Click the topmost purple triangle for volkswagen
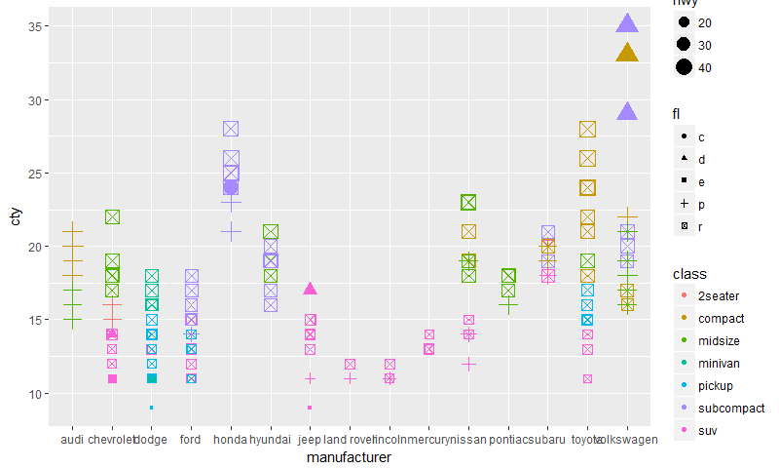tap(627, 25)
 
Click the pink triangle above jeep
tap(310, 290)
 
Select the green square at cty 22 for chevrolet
tap(112, 216)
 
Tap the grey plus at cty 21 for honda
tap(231, 232)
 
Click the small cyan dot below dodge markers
tap(151, 408)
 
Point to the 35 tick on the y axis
tap(39, 26)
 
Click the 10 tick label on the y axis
tap(32, 394)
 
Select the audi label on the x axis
tap(72, 441)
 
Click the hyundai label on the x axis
tap(271, 441)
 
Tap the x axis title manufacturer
tap(349, 457)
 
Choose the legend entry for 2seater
tap(721, 297)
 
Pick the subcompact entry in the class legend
tap(727, 406)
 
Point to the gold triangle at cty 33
tap(627, 55)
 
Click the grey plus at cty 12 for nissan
tap(468, 364)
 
